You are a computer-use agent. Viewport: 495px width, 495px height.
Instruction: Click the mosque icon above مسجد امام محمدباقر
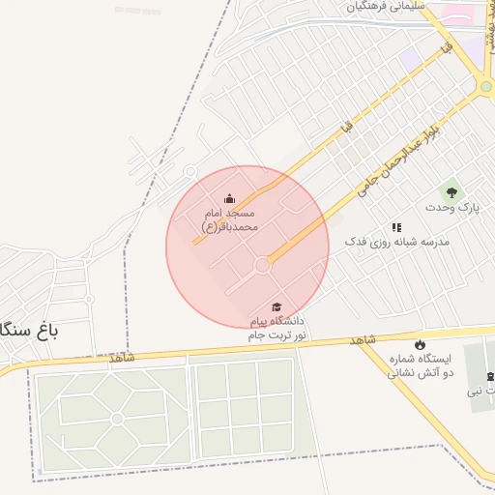click(229, 199)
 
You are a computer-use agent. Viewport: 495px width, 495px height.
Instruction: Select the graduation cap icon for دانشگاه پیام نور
click(278, 307)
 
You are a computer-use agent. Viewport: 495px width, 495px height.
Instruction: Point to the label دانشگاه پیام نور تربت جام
click(277, 327)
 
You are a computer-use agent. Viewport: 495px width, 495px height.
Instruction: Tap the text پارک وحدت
click(451, 208)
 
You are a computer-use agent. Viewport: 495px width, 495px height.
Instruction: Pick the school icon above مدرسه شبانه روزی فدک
click(396, 227)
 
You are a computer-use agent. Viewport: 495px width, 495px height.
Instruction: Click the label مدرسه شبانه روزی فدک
click(397, 243)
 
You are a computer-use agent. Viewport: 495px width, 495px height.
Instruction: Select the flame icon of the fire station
click(420, 344)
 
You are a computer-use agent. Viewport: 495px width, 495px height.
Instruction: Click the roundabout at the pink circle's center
click(262, 264)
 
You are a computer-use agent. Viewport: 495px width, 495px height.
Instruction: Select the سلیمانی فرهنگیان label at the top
click(386, 7)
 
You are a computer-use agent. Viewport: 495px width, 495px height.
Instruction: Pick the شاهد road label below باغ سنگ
click(123, 358)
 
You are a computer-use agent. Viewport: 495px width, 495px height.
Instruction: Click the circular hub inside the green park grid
click(116, 419)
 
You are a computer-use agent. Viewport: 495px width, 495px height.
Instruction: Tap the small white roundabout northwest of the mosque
click(189, 171)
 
